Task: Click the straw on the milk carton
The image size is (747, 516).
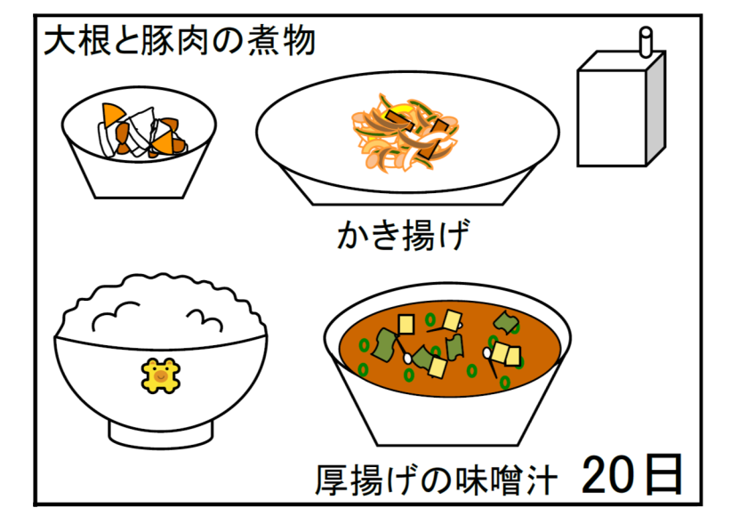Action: (x=646, y=42)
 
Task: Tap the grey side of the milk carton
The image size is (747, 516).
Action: (x=656, y=109)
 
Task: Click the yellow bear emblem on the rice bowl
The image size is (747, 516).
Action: (x=161, y=375)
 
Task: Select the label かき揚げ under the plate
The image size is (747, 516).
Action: (x=404, y=235)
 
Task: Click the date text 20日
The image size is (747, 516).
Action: (x=631, y=474)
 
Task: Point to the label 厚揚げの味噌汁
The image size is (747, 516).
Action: (x=436, y=480)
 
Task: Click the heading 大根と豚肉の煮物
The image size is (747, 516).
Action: (x=180, y=41)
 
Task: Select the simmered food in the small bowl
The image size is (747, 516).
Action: (x=141, y=130)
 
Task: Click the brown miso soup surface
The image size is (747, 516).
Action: (x=450, y=348)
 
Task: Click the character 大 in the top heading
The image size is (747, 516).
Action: (x=60, y=41)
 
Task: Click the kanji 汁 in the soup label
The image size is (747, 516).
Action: (x=542, y=480)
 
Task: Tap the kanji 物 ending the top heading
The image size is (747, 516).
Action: (x=300, y=41)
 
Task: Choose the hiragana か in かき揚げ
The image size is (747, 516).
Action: (x=353, y=236)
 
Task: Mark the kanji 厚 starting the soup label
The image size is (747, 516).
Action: (x=332, y=480)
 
